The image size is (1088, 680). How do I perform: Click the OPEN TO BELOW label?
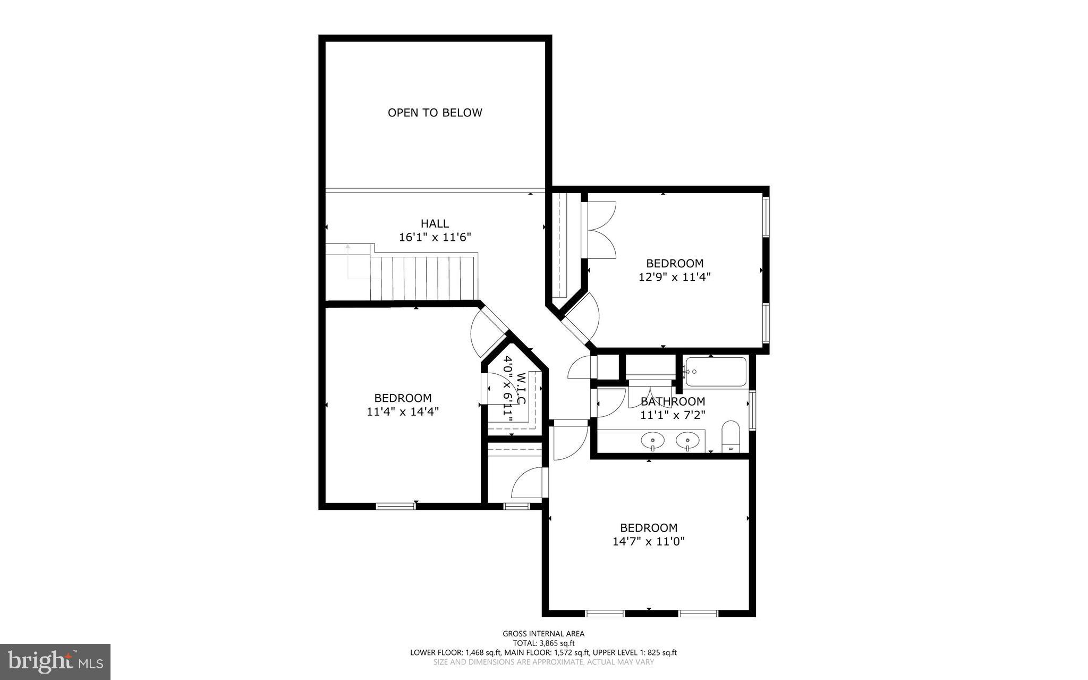[435, 113]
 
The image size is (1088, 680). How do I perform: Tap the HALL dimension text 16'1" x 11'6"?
[435, 237]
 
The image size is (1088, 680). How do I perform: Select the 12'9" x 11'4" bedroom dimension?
[674, 277]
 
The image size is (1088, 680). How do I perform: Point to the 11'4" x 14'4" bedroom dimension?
[403, 412]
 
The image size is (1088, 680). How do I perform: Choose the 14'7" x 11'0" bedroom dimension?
[649, 541]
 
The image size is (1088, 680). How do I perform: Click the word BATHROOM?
[673, 401]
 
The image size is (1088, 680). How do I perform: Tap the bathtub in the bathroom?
[716, 372]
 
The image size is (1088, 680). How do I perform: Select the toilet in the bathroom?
[731, 436]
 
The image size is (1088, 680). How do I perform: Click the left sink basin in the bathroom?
[652, 441]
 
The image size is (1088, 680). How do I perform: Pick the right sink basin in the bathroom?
[687, 441]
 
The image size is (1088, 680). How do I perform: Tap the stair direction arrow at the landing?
[348, 247]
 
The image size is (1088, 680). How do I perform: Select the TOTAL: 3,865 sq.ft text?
[543, 643]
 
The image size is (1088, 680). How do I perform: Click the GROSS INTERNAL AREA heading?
[543, 633]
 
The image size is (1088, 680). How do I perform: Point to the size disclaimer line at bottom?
[543, 662]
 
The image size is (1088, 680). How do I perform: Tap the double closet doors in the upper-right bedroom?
[600, 230]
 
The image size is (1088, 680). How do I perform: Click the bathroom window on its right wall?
[752, 409]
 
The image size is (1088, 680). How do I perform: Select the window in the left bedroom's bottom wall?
[395, 506]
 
